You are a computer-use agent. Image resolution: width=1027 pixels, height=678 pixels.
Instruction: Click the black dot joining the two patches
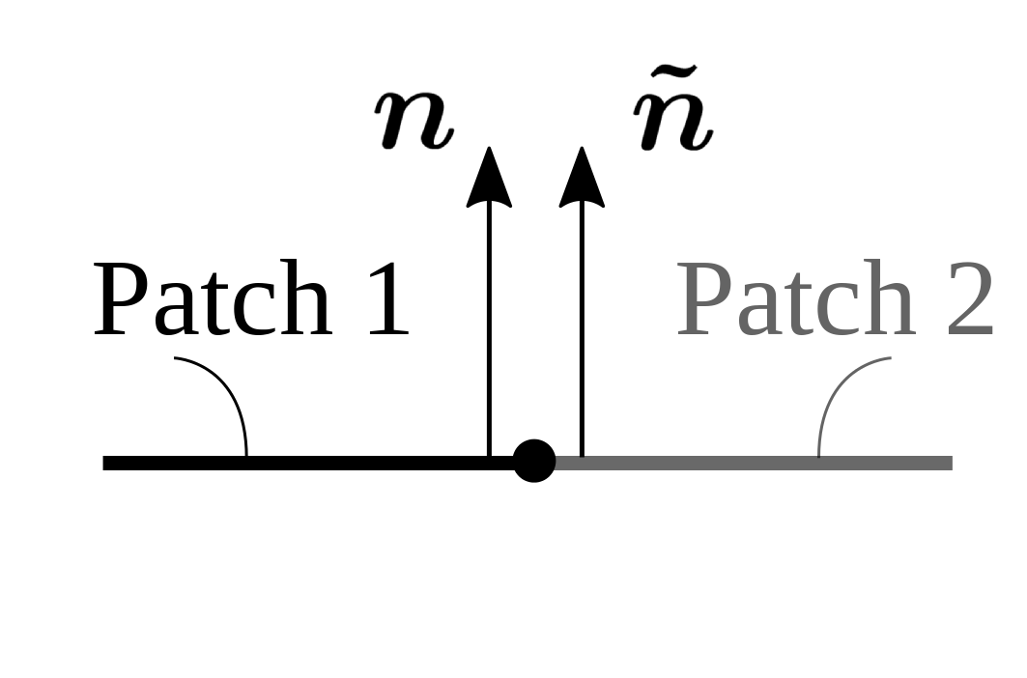[x=534, y=461]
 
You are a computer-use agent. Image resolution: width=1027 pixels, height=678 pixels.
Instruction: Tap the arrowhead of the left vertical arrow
[x=489, y=179]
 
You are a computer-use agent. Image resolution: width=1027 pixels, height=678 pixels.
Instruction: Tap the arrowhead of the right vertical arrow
[x=582, y=179]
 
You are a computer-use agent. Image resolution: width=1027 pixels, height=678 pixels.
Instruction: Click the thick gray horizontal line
[x=754, y=463]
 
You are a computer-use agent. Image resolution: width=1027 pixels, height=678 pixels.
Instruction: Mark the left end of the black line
[x=105, y=463]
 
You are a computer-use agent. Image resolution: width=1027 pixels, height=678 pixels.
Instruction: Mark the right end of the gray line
[x=950, y=463]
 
